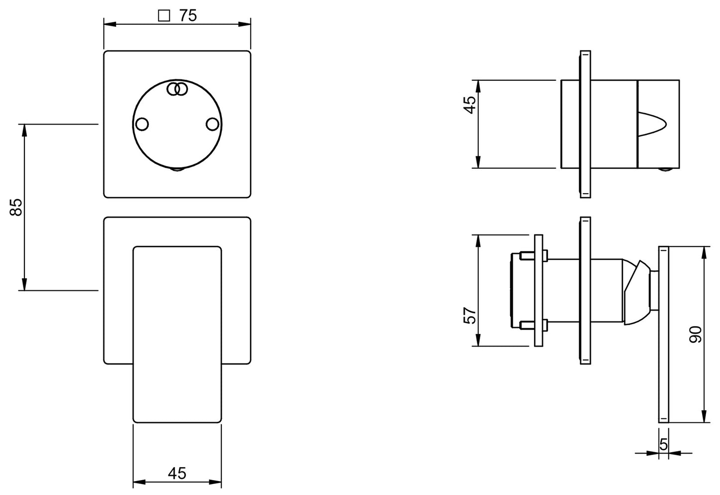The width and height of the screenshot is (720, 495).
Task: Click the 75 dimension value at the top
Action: coord(188,16)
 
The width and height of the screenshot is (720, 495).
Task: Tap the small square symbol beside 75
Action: coord(164,16)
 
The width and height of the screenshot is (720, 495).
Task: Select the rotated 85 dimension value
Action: coord(16,207)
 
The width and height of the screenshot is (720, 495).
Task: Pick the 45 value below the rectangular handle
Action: coord(177,473)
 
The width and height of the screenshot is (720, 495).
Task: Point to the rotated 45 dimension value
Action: coord(469,105)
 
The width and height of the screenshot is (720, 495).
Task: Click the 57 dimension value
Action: coord(469,315)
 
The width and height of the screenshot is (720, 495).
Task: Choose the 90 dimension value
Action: coord(696,334)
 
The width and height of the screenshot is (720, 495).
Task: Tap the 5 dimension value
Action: coord(664,444)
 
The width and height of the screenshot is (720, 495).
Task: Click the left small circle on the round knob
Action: coord(142,124)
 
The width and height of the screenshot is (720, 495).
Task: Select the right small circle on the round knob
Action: coord(212,124)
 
